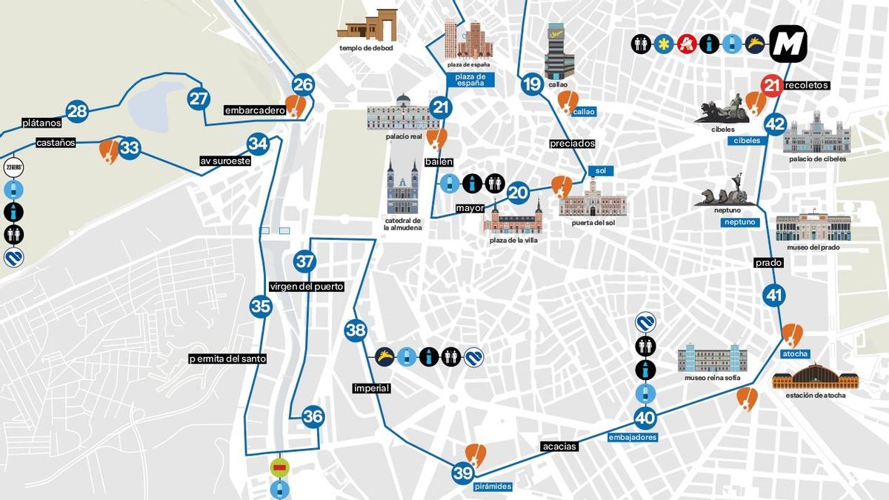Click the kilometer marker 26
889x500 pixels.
click(303, 84)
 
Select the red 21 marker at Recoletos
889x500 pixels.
click(772, 85)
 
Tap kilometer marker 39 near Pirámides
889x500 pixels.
click(463, 473)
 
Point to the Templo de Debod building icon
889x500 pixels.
click(367, 25)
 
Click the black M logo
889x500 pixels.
click(788, 44)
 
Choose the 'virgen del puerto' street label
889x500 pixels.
click(307, 287)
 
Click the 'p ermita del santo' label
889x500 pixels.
click(227, 359)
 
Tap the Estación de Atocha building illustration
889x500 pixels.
click(816, 376)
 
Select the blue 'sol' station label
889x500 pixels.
click(601, 171)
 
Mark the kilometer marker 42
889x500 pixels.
click(775, 124)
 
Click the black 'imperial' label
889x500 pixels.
click(371, 388)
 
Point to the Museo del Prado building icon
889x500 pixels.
click(813, 227)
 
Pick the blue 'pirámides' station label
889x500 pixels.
click(493, 487)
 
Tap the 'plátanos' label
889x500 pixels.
click(41, 123)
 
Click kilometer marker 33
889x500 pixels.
click(130, 148)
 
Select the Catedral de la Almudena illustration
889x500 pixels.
click(403, 188)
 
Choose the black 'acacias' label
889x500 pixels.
click(559, 447)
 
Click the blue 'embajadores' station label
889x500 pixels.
click(633, 438)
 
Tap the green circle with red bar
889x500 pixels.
click(280, 467)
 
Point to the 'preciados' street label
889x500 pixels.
click(572, 143)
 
